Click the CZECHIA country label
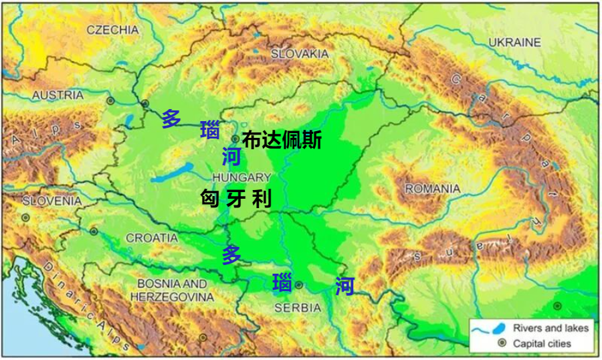coord(112,29)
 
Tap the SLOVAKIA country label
coord(299,53)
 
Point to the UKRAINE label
coord(514,42)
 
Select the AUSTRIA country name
coord(58,95)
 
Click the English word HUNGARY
coord(241,177)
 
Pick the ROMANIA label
coord(432,189)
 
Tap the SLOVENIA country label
coord(52,201)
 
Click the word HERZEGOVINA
coord(172,296)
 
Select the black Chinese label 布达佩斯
coord(282,141)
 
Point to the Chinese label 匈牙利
coord(236,199)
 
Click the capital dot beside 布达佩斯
coord(235,139)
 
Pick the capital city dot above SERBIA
coord(299,284)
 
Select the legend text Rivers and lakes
coord(550,328)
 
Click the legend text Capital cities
coord(542,343)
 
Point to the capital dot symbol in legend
coord(501,343)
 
